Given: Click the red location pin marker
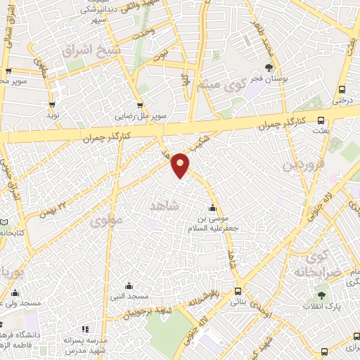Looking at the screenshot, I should point(181,164).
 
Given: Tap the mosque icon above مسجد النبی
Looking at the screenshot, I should point(129,285).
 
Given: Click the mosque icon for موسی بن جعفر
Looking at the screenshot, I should point(212,207).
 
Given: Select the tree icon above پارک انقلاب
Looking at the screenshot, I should point(321,295).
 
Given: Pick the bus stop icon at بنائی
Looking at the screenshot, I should point(238,290).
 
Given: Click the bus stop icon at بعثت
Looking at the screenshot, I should point(321,120).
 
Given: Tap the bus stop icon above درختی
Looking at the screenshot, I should point(342,89).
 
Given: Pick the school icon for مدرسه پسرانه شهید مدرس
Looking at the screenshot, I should point(85,329).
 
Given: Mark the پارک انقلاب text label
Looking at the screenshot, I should point(321,307).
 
